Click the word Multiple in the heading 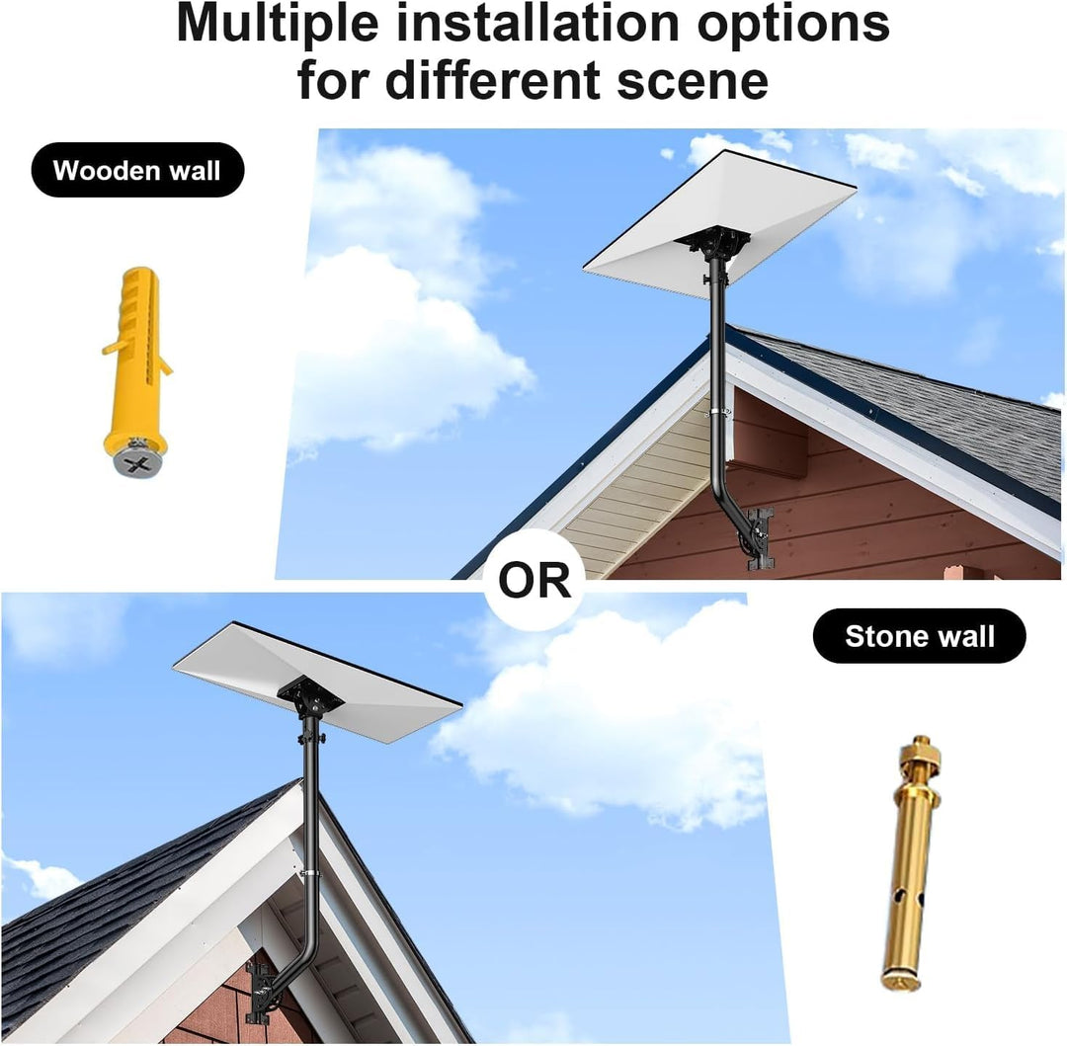[x=277, y=25]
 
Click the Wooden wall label [x=137, y=170]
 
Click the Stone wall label [x=920, y=636]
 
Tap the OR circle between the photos [x=534, y=580]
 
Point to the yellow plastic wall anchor [x=136, y=370]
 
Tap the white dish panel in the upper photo [x=720, y=224]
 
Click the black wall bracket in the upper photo [x=760, y=537]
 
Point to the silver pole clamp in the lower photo [x=310, y=872]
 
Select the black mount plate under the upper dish [x=713, y=240]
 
